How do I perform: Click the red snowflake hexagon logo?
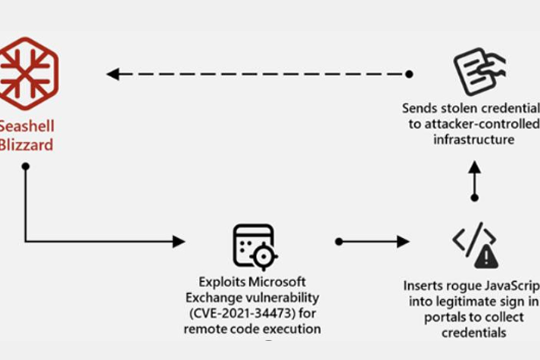(27, 73)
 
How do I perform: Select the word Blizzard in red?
(26, 144)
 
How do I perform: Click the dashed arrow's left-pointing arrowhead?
(113, 74)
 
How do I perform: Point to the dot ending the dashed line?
(409, 74)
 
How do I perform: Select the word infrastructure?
(474, 140)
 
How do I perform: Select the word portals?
(445, 317)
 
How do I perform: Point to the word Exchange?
(215, 298)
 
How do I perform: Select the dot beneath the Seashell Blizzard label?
(26, 166)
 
